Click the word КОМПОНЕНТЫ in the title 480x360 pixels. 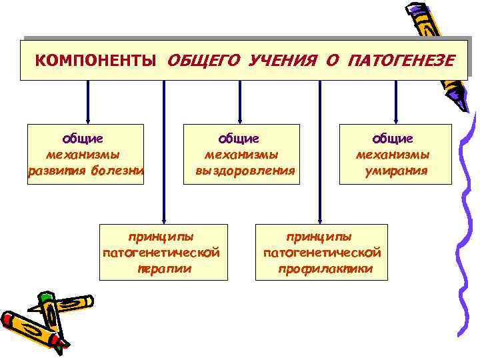coord(96,61)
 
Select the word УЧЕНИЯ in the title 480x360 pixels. coord(281,61)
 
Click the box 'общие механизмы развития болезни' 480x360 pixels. coord(85,154)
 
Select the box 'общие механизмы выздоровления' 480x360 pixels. coord(242,154)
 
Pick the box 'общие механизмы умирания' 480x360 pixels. coord(395,154)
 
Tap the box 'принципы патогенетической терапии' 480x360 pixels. coord(161,253)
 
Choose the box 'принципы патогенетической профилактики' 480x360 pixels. coord(322,253)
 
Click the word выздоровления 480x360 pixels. coord(244,171)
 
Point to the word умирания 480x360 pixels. coord(396,171)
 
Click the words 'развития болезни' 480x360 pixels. coord(86,171)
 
